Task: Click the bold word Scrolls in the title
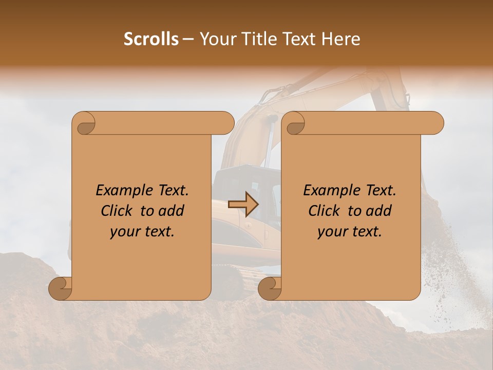(x=151, y=39)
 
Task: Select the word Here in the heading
(x=343, y=39)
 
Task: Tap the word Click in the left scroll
(x=118, y=211)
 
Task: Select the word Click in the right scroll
(x=326, y=211)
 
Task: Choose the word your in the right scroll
(x=333, y=232)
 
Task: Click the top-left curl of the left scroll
(x=84, y=123)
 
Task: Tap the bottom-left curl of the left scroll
(x=60, y=288)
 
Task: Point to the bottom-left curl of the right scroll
(x=269, y=288)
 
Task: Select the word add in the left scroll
(x=171, y=211)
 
